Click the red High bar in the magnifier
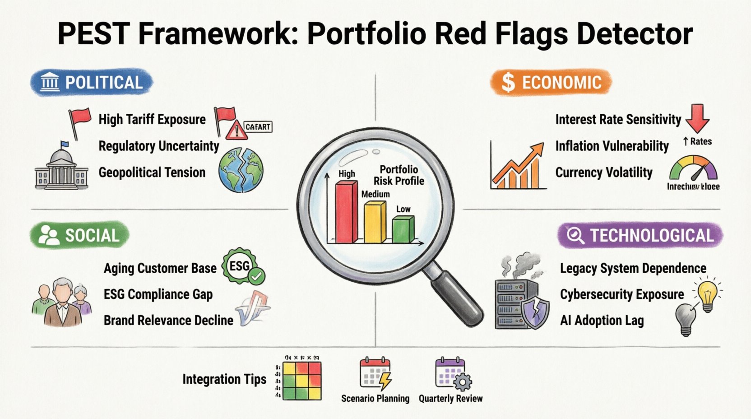(x=346, y=212)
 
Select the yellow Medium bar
(x=375, y=222)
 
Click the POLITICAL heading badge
(x=92, y=83)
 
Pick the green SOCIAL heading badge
(x=80, y=235)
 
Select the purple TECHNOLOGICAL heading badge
(x=640, y=235)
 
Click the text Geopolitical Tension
(x=152, y=172)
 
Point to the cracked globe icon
(x=241, y=170)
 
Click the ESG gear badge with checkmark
(x=243, y=267)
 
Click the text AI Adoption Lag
(x=602, y=321)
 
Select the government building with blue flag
(x=61, y=167)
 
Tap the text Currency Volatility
(x=603, y=172)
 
